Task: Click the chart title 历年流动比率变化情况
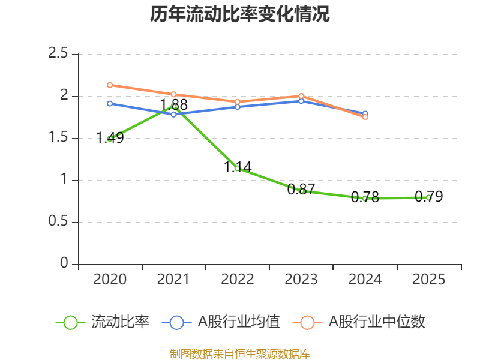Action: pos(239,14)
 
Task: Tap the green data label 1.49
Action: pos(110,138)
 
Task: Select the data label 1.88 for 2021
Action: pos(173,104)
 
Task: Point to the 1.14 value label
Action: pos(238,167)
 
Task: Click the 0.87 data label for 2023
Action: pos(301,190)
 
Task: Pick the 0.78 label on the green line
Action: pos(365,197)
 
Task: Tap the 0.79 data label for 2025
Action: pos(428,196)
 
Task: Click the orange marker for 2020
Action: pos(110,85)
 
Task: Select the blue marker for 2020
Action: pos(110,104)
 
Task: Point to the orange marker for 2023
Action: pos(301,96)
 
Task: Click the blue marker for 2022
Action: pos(238,107)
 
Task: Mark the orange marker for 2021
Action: pos(173,94)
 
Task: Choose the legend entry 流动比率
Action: pos(102,322)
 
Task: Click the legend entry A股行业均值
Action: pos(221,322)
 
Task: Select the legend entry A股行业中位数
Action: pos(359,322)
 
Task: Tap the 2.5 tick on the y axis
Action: pos(58,53)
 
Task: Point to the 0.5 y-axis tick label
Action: pos(58,221)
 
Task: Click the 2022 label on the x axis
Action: pos(238,280)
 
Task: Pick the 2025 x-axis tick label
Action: pos(428,280)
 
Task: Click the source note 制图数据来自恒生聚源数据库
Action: pos(239,354)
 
